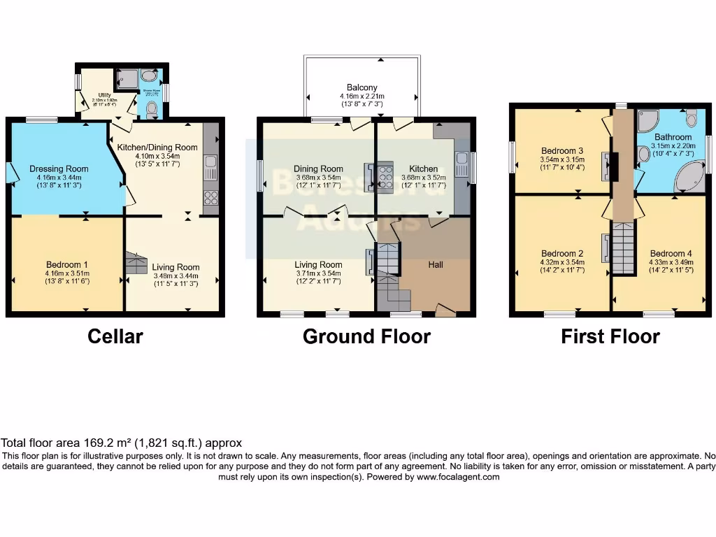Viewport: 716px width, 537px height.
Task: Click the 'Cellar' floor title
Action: pyautogui.click(x=115, y=336)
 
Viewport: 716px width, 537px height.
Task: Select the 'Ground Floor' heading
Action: pyautogui.click(x=366, y=336)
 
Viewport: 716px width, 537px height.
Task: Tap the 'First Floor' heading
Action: pyautogui.click(x=610, y=336)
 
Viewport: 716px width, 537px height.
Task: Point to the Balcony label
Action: pyautogui.click(x=362, y=87)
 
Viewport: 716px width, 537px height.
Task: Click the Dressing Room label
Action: pyautogui.click(x=59, y=169)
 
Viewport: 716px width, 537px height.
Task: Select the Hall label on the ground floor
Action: pyautogui.click(x=436, y=265)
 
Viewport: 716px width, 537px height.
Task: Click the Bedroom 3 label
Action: pyautogui.click(x=561, y=150)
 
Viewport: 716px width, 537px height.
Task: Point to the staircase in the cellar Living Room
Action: pyautogui.click(x=136, y=263)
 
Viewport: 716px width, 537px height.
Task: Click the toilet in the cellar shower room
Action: pyautogui.click(x=152, y=108)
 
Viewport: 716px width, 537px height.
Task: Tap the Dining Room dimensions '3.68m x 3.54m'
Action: pyautogui.click(x=318, y=178)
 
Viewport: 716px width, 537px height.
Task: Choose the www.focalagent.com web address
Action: pyautogui.click(x=458, y=477)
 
